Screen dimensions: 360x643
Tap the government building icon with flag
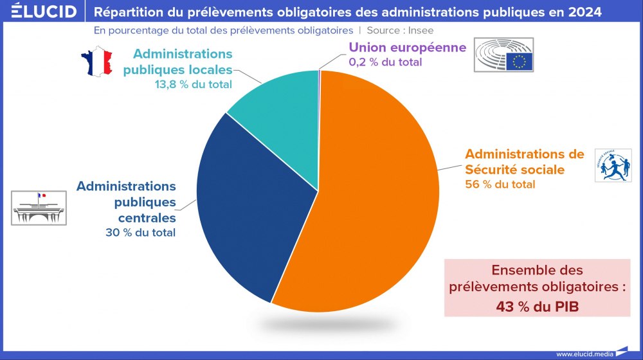(39, 207)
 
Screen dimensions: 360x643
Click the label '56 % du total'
(500, 184)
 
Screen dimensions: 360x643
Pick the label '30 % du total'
(140, 233)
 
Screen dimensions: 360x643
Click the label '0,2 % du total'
(385, 62)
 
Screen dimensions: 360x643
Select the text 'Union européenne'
(407, 48)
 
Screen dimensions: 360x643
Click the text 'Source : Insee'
(400, 30)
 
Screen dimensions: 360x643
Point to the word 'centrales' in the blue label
(147, 217)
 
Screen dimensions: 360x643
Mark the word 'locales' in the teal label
(208, 69)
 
